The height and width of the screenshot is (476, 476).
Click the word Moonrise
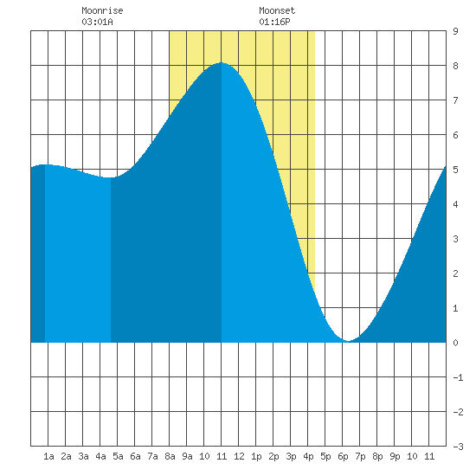[x=102, y=10]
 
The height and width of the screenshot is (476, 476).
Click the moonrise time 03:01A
[x=97, y=22]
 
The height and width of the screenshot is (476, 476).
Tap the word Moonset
[x=277, y=10]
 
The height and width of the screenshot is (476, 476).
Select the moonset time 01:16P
[x=274, y=22]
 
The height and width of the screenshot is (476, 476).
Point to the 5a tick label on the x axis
[x=118, y=456]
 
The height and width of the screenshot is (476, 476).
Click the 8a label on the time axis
[x=170, y=456]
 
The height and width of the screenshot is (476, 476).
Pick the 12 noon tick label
[x=239, y=456]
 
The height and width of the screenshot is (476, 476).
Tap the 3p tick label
[x=291, y=456]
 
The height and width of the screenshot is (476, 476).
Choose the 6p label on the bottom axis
[x=343, y=456]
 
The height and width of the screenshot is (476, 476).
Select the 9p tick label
[x=395, y=456]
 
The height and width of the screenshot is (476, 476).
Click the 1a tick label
[x=48, y=456]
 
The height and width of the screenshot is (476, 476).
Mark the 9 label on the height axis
[x=455, y=31]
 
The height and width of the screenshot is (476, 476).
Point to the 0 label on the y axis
[x=455, y=343]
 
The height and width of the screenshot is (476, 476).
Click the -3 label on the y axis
[x=458, y=447]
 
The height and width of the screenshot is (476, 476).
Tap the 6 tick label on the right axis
[x=455, y=135]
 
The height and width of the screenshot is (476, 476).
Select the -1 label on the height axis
[x=458, y=377]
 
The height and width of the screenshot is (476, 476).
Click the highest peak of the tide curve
[x=222, y=62]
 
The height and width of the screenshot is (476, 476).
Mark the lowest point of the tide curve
[x=348, y=341]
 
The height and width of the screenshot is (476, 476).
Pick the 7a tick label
[x=152, y=456]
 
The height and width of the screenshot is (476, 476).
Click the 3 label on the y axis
[x=455, y=239]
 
